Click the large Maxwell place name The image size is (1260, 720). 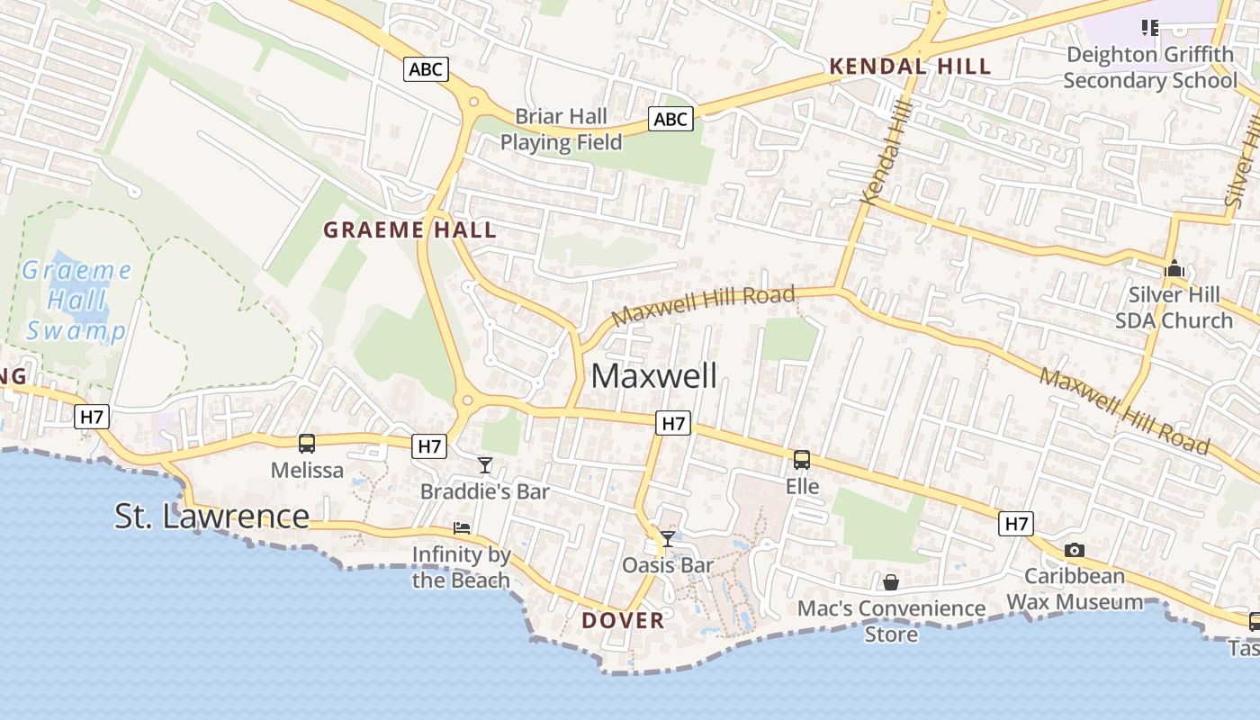(654, 376)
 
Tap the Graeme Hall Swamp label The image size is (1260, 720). (76, 301)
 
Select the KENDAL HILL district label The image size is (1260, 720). (910, 67)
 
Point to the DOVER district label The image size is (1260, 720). (623, 620)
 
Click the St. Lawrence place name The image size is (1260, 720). (211, 516)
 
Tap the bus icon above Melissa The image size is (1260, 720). (307, 443)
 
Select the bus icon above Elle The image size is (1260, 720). (802, 460)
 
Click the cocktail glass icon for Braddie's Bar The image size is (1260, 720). (485, 465)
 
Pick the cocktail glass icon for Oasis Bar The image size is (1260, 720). (668, 539)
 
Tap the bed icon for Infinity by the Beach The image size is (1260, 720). (462, 528)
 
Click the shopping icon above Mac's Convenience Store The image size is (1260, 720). (891, 582)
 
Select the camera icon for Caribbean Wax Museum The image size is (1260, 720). (1074, 550)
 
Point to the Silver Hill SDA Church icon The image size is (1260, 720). (1174, 268)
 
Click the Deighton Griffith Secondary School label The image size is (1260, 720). (1149, 67)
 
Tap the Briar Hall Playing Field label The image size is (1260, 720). (562, 130)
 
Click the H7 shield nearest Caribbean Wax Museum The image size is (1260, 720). (1015, 523)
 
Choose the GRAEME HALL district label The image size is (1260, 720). (409, 230)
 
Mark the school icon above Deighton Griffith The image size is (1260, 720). (1149, 28)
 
